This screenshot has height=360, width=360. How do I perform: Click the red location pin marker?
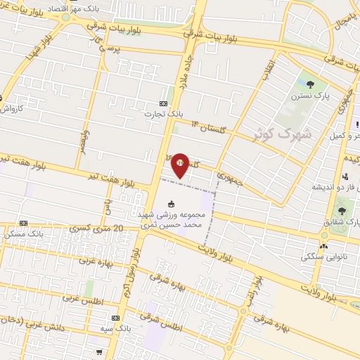pyautogui.click(x=181, y=164)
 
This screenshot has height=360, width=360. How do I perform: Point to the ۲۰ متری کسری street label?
pyautogui.click(x=98, y=229)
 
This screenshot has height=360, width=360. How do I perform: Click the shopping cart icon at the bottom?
pyautogui.click(x=100, y=352)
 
